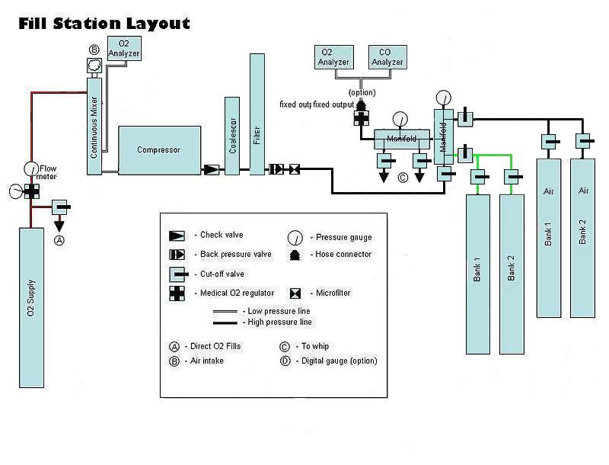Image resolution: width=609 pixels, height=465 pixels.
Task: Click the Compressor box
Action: tap(159, 150)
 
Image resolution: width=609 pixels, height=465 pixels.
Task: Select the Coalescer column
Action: tap(232, 136)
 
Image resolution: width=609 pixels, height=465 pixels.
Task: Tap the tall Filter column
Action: tap(257, 114)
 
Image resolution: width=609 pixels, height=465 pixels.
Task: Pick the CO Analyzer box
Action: tap(386, 57)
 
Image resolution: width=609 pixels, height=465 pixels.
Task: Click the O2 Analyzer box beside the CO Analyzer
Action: tap(333, 57)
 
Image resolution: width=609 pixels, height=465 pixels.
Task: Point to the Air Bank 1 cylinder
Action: tap(548, 237)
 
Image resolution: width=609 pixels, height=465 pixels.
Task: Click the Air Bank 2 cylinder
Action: tap(582, 237)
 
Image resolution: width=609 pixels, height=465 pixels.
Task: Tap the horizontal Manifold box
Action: tap(401, 139)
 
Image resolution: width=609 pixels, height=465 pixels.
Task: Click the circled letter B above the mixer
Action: tap(94, 50)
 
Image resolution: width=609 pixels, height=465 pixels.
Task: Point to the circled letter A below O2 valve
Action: tap(59, 239)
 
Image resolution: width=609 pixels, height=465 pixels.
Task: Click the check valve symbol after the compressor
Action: tap(211, 169)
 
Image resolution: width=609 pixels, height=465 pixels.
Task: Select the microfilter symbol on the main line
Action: tap(295, 169)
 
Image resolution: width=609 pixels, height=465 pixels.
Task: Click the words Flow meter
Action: tap(48, 172)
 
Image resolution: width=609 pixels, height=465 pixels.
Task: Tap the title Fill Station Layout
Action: tap(104, 24)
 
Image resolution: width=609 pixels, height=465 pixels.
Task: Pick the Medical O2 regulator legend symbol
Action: tap(177, 293)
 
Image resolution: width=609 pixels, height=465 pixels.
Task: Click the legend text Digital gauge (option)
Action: tap(339, 361)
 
